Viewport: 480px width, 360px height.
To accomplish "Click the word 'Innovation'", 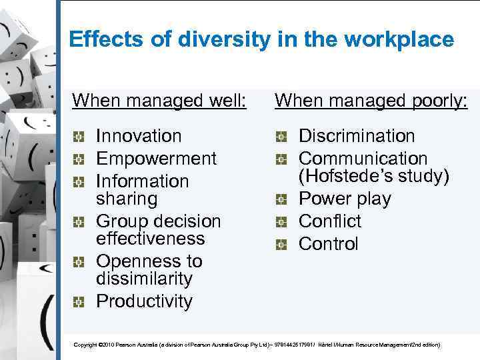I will pos(139,136).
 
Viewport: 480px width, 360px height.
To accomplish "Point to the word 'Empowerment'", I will pos(157,159).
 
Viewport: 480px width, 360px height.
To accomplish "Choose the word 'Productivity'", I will pos(144,301).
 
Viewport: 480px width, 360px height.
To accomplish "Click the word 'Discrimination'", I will pos(357,136).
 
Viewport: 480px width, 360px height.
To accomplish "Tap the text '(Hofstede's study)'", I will pos(374,177).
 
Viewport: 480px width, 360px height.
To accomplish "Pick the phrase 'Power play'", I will pos(345,199).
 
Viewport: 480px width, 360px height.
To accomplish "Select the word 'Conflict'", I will pos(329,221).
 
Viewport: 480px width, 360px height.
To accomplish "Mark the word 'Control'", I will pos(328,244).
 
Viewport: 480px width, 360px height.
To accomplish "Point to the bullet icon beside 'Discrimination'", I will pos(281,137).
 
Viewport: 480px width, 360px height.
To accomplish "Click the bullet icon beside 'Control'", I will pos(281,245).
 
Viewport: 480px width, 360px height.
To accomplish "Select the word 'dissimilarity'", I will pos(144,279).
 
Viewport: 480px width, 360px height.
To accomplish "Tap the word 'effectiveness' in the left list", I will pos(151,239).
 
